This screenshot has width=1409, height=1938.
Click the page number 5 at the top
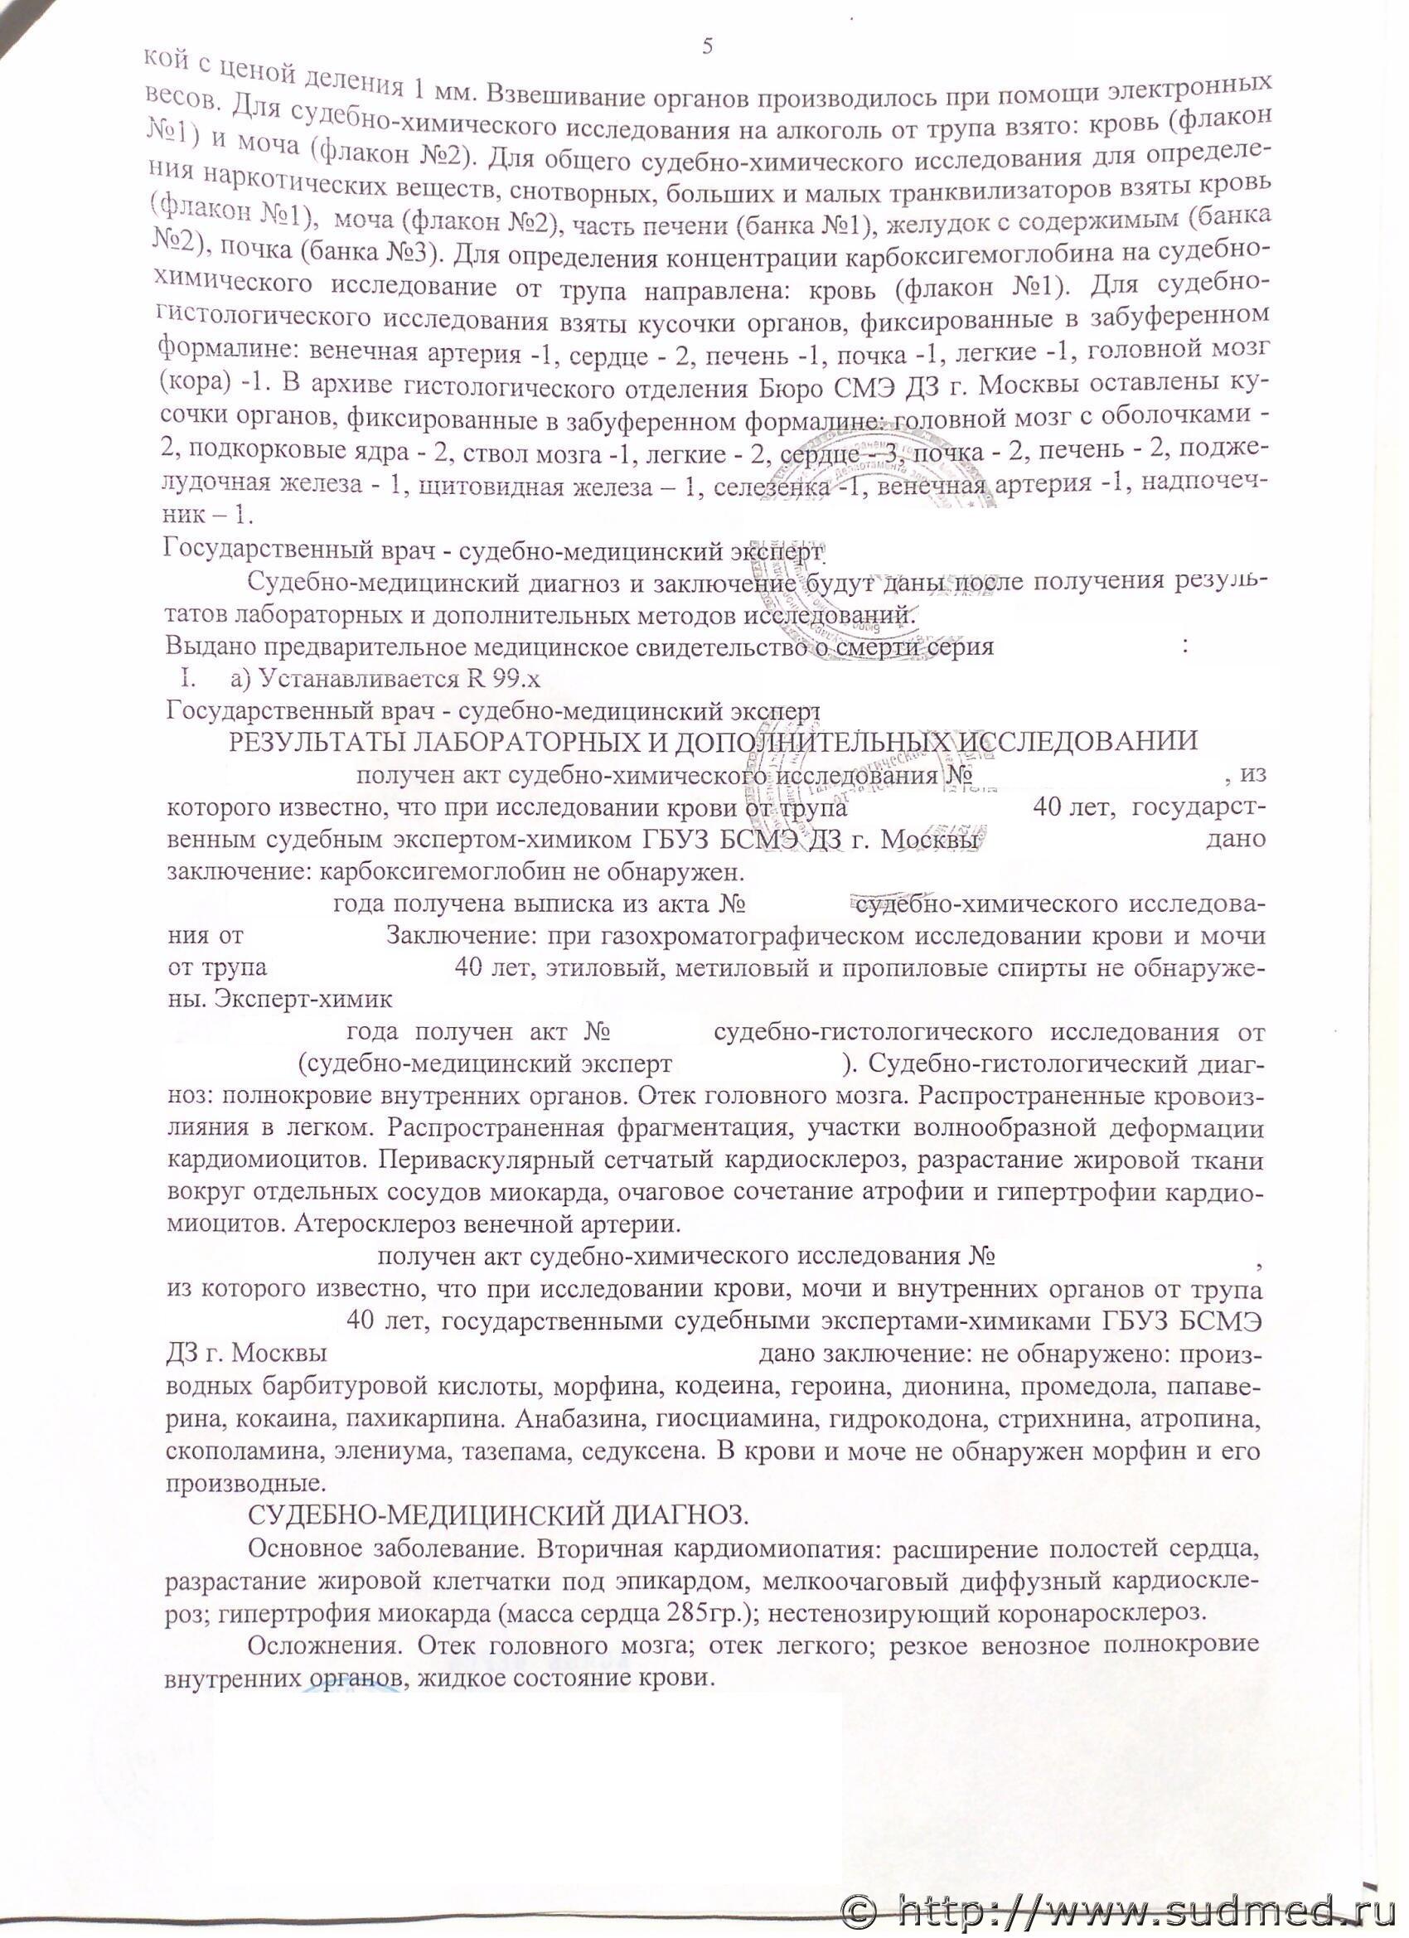click(707, 46)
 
